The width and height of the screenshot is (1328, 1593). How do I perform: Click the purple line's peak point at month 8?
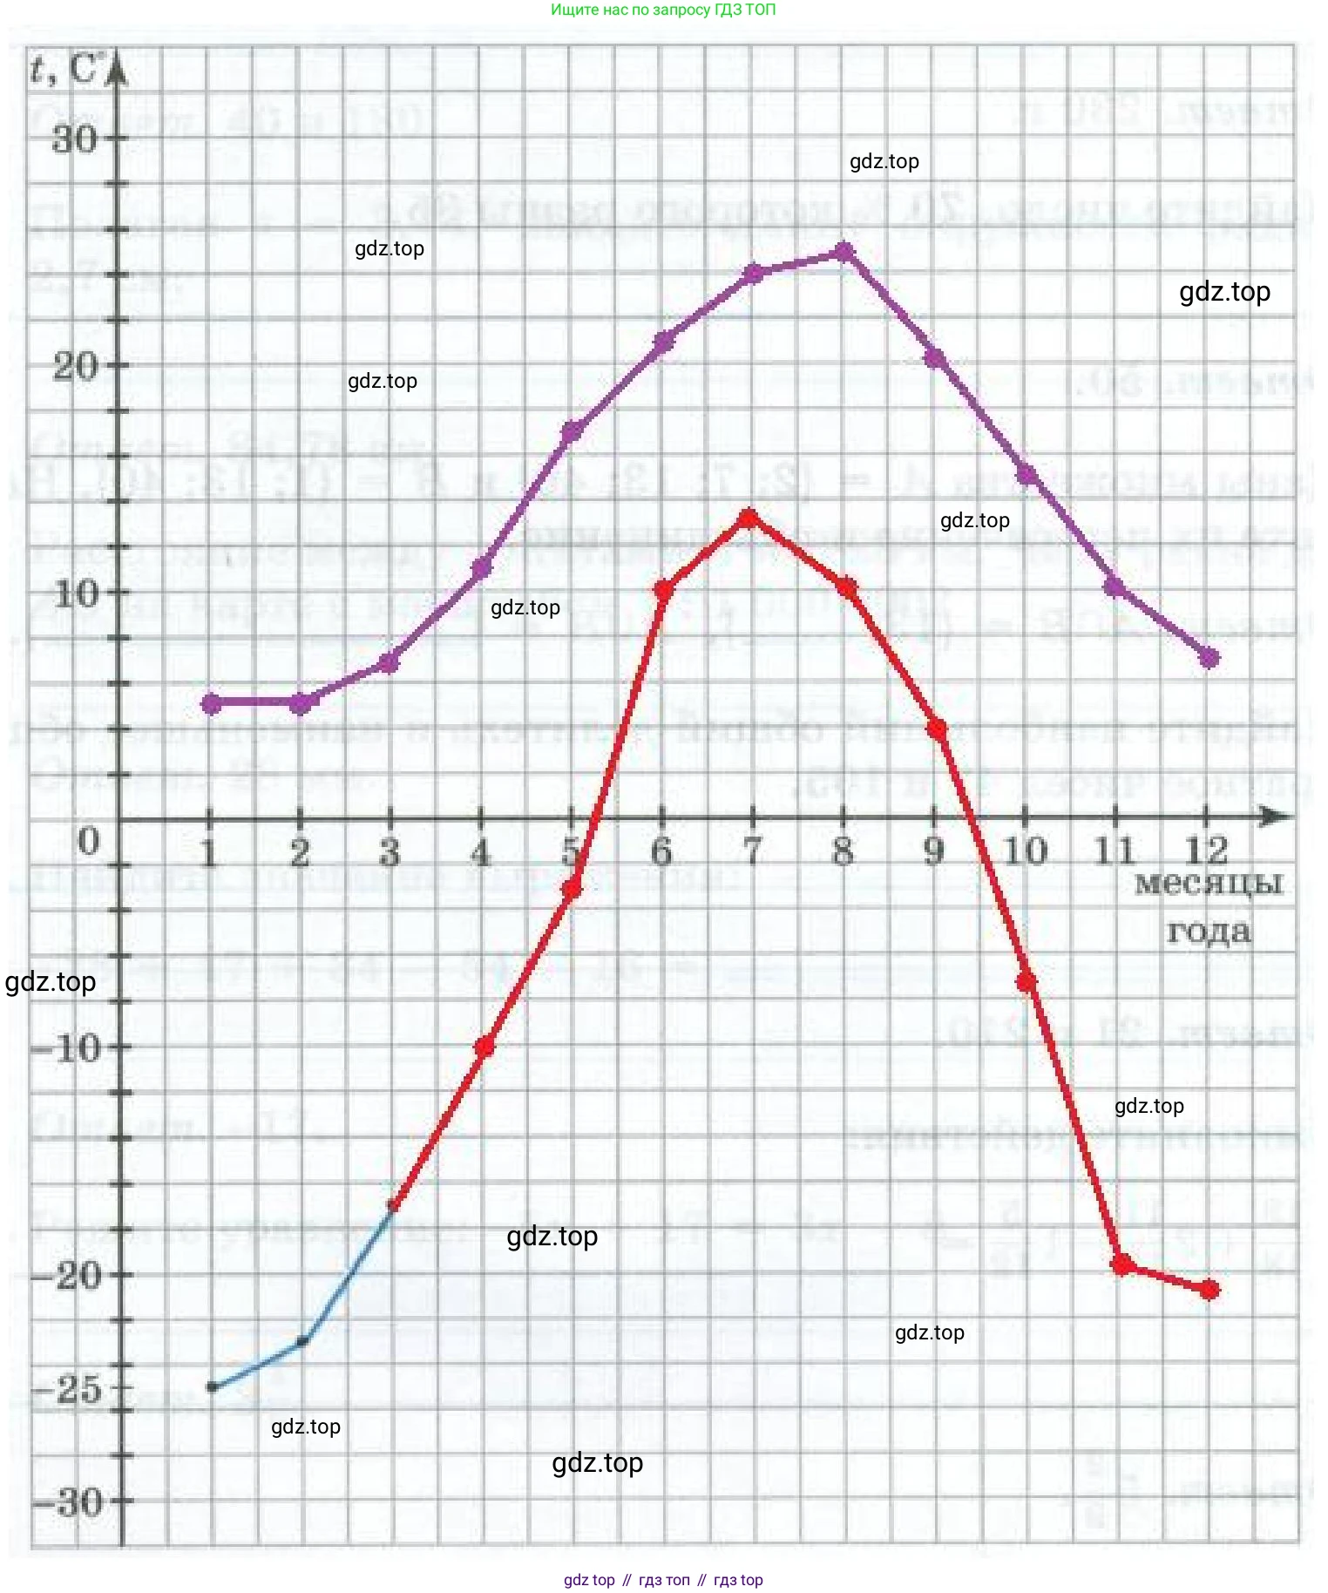coord(844,253)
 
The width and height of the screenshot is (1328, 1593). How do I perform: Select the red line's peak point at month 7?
coord(748,519)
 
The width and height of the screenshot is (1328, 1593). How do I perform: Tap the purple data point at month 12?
coord(1209,658)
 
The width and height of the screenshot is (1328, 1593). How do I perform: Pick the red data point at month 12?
coord(1209,1290)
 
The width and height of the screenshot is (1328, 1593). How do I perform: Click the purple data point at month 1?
coord(211,703)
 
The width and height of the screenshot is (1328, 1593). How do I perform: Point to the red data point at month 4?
coord(484,1046)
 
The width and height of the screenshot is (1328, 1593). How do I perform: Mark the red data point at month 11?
coord(1123,1264)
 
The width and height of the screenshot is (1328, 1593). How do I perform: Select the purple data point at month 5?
coord(572,432)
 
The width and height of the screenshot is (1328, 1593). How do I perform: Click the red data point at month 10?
coord(1026,982)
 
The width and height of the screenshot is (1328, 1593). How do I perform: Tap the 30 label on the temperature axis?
coord(75,139)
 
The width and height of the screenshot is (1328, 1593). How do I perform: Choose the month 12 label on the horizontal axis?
coord(1207,851)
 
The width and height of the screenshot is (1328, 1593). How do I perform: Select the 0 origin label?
coord(89,842)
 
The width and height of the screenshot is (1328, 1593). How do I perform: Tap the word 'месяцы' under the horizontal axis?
coord(1209,884)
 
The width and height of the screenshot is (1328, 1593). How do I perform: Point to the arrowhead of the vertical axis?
coord(119,70)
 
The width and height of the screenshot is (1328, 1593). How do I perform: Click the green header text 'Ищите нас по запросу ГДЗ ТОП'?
coord(663,10)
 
